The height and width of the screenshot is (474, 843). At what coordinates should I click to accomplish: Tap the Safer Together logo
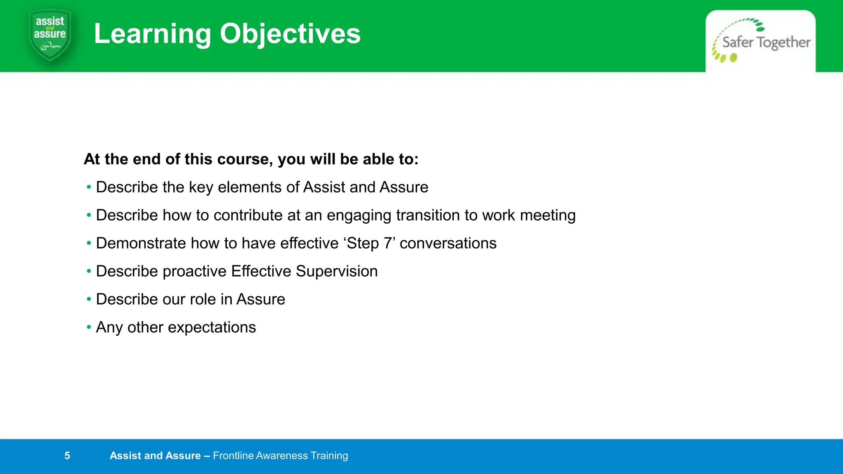[x=761, y=41]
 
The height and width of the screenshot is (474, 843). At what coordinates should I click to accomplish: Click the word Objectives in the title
[x=290, y=34]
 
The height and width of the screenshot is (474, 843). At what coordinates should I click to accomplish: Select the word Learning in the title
[x=152, y=34]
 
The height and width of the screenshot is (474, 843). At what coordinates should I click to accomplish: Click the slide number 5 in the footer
[x=67, y=455]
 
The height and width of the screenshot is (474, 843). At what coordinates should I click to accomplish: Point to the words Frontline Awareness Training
[x=280, y=455]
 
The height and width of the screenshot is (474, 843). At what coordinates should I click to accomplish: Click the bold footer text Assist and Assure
[x=155, y=455]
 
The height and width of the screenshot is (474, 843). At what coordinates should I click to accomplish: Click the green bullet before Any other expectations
[x=89, y=327]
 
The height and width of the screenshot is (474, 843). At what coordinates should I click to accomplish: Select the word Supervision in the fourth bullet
[x=336, y=271]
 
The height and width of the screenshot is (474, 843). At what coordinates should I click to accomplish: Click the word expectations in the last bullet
[x=212, y=328]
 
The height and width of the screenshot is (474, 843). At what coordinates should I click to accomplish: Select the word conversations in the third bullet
[x=448, y=243]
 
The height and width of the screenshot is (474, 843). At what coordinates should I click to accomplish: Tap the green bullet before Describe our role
[x=89, y=299]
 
